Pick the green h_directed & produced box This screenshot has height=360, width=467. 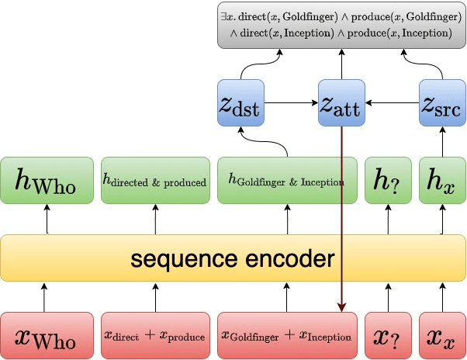[x=155, y=180]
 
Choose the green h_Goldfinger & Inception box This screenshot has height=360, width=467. [x=287, y=180]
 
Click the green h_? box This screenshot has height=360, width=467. [x=388, y=180]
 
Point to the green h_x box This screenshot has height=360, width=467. [x=441, y=180]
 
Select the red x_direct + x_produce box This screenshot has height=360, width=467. [x=155, y=336]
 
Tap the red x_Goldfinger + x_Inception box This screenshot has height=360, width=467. [x=287, y=336]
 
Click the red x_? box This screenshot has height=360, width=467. [x=388, y=336]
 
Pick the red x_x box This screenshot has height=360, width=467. [x=441, y=336]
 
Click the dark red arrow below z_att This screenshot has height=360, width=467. [x=341, y=233]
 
